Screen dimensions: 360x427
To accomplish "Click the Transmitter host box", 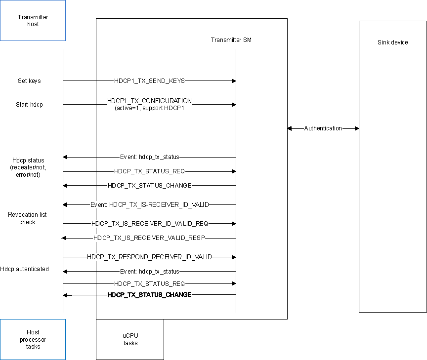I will [33, 20].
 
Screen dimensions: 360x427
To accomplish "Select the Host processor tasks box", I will [33, 339].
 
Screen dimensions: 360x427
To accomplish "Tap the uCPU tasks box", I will [130, 339].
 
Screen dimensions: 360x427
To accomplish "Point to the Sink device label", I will [392, 42].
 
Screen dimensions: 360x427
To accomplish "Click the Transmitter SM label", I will [231, 40].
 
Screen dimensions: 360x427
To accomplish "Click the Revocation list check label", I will [28, 218].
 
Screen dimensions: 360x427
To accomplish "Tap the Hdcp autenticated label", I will [25, 269].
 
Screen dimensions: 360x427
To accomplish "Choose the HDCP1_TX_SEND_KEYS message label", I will [149, 81].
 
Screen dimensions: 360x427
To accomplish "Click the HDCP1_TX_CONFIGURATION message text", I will [149, 101].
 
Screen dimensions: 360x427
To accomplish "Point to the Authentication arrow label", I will [323, 128].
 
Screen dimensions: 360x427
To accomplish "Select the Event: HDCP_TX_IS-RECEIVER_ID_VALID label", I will [149, 204].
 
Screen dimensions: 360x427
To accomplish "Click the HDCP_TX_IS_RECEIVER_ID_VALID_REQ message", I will [149, 224].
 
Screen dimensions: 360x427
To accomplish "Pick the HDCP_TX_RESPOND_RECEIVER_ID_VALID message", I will [149, 257].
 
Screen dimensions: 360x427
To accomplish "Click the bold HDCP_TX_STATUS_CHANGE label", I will [149, 295].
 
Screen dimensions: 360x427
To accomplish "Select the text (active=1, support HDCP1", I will [149, 108].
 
